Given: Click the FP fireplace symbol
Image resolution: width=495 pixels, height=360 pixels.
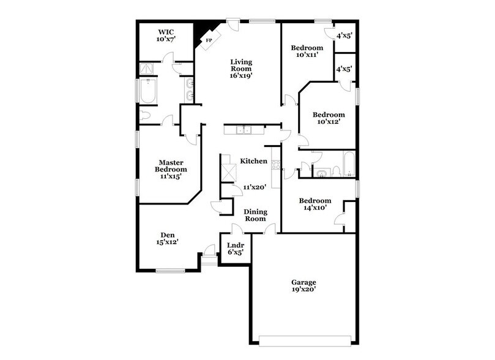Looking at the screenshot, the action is click(209, 40).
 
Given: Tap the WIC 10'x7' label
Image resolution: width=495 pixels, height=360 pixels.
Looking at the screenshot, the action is click(166, 36).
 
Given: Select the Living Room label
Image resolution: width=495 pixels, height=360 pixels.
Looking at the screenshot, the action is click(241, 69).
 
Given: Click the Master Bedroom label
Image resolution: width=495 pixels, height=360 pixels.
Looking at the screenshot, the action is click(171, 169).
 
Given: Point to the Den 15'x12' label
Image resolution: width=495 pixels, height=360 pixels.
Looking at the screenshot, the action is click(167, 238).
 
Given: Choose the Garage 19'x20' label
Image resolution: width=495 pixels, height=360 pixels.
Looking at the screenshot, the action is click(303, 286).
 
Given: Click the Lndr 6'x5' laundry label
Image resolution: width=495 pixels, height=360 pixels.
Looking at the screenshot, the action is click(236, 249).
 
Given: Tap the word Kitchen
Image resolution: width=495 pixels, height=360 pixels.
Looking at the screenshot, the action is click(253, 161).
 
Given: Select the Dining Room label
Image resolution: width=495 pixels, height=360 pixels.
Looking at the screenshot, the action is click(255, 215).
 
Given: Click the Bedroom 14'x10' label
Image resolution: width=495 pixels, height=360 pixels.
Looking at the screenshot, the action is click(315, 204).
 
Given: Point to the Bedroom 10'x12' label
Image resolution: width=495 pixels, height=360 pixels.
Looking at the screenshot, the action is click(329, 118).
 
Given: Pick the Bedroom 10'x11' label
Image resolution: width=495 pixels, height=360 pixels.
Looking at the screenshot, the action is click(307, 51).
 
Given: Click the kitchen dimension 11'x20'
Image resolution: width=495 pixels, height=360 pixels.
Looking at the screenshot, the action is click(255, 187).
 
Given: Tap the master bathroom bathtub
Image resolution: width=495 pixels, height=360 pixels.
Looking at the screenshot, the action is click(148, 91).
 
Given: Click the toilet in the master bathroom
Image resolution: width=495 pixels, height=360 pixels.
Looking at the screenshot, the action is click(144, 115).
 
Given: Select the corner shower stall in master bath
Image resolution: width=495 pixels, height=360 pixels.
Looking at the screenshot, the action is click(146, 69).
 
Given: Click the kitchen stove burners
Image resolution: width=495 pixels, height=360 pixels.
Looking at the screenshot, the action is click(275, 165).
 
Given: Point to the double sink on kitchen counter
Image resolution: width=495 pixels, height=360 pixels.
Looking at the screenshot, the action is click(244, 130).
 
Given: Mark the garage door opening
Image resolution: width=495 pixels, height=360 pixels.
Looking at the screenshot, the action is click(305, 341).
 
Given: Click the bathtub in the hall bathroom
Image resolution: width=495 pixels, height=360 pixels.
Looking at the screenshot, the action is click(349, 163).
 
